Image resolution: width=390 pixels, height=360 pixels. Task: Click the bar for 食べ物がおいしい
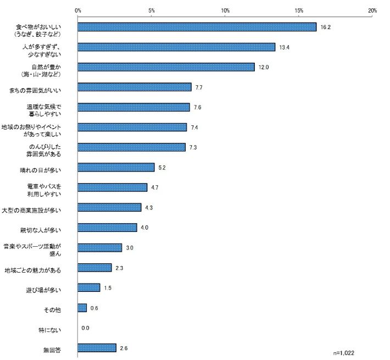coord(197,27)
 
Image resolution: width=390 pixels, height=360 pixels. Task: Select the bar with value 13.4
coord(176,47)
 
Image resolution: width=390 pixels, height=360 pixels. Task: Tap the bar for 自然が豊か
coord(166,67)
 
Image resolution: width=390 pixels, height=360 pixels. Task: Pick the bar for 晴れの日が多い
coord(116,167)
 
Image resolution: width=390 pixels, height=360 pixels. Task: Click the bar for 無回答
coord(97,348)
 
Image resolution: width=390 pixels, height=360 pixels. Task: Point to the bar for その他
coord(82,308)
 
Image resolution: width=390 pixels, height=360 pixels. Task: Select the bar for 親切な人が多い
coord(107,228)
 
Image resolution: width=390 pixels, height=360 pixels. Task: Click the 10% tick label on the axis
coord(225,10)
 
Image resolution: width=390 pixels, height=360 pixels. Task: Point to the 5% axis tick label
coord(152,10)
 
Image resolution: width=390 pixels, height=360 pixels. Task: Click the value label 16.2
coord(325,27)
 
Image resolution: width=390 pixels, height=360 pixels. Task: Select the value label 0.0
coord(85,328)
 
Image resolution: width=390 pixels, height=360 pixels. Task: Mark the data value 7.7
coord(199,87)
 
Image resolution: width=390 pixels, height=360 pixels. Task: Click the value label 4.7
coord(155,187)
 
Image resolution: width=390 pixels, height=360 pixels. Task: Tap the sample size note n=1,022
coord(347,351)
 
